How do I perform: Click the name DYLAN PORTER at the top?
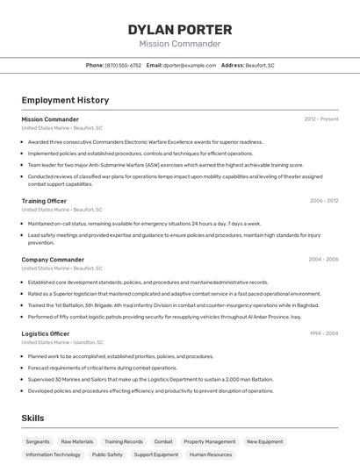coord(180,29)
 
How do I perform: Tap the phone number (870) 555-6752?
coord(123,65)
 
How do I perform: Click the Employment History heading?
coord(65,100)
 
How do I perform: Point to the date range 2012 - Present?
coord(321,119)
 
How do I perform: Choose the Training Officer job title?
coord(44,201)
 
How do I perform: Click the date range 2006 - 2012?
coord(324,201)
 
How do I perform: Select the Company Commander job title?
coord(53,260)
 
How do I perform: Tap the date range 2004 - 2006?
coord(323,260)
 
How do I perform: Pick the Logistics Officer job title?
coord(46,333)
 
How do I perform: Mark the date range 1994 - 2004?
coord(323,333)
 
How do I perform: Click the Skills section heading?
coord(33,418)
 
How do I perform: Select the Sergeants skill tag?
coord(38,441)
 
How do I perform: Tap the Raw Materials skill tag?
coord(77,441)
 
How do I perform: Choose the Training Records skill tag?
coord(123,441)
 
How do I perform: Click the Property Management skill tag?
coord(209,441)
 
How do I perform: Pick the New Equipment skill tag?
coord(264,441)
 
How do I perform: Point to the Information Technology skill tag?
coord(53,454)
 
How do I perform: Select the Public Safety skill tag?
coord(107,454)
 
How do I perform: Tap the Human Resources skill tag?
coord(210,454)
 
